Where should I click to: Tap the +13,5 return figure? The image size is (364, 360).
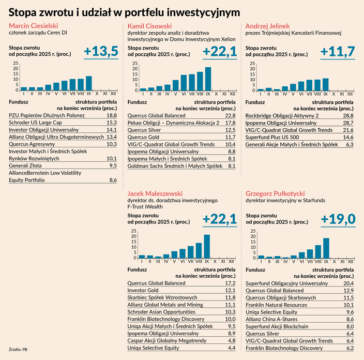[x=101, y=51]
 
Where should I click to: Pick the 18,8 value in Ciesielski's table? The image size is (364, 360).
[x=111, y=116]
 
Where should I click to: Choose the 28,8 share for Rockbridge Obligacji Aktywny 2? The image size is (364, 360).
[x=347, y=115]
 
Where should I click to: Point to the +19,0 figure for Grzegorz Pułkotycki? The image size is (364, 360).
[x=338, y=219]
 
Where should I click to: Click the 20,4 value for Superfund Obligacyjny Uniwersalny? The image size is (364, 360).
[x=347, y=283]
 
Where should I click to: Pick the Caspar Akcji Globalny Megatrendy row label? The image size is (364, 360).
[x=166, y=341]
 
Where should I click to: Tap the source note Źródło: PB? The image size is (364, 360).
[x=18, y=350]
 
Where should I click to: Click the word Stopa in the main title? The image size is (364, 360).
[x=27, y=11]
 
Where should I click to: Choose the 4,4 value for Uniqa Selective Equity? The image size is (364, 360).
[x=231, y=348]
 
